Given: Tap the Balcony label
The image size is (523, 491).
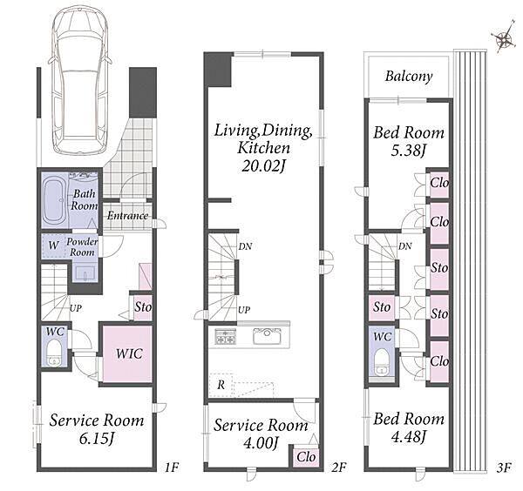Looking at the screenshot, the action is [409, 77].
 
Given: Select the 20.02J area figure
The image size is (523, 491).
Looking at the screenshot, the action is [264, 166].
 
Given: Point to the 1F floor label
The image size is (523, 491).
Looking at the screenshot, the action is [173, 467].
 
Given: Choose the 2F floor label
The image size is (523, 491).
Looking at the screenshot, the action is [338, 467].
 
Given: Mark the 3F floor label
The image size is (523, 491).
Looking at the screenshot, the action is [504, 467].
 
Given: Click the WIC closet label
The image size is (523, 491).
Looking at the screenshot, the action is [129, 353].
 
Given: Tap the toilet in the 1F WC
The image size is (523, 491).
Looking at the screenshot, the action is [54, 353].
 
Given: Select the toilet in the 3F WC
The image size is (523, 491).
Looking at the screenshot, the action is [382, 362].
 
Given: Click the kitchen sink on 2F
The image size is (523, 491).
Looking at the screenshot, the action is [267, 336].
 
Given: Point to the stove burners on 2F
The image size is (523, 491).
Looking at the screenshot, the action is [226, 336].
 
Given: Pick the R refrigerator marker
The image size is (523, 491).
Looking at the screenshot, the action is [221, 386].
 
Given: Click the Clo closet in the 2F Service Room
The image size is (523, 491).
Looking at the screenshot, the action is [306, 457].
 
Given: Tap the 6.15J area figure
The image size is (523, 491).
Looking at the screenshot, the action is [97, 439].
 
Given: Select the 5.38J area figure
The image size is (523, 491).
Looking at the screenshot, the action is [409, 151].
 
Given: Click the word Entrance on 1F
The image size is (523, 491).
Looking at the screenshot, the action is [127, 216].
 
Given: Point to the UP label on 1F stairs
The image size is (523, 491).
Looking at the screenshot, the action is [76, 308].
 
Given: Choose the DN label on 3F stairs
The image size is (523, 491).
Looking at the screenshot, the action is [405, 246].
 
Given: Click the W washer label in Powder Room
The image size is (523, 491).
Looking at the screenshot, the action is [53, 245].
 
